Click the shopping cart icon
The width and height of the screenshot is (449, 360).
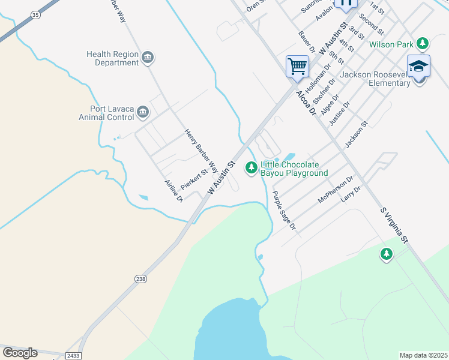click(297, 66)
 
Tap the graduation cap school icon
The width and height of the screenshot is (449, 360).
click(418, 65)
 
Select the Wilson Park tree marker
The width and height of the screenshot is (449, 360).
click(423, 43)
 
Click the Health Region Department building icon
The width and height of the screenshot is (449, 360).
click(148, 58)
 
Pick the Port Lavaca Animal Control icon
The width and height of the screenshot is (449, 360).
click(143, 112)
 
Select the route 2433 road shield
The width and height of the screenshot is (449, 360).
click(73, 356)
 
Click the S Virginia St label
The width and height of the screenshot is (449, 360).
click(394, 226)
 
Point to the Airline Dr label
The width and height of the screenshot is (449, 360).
click(173, 191)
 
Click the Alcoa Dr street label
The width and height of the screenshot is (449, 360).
click(305, 103)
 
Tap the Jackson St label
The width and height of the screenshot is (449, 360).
click(355, 135)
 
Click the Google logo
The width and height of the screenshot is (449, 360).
click(20, 353)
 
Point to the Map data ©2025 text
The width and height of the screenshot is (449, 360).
click(423, 355)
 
